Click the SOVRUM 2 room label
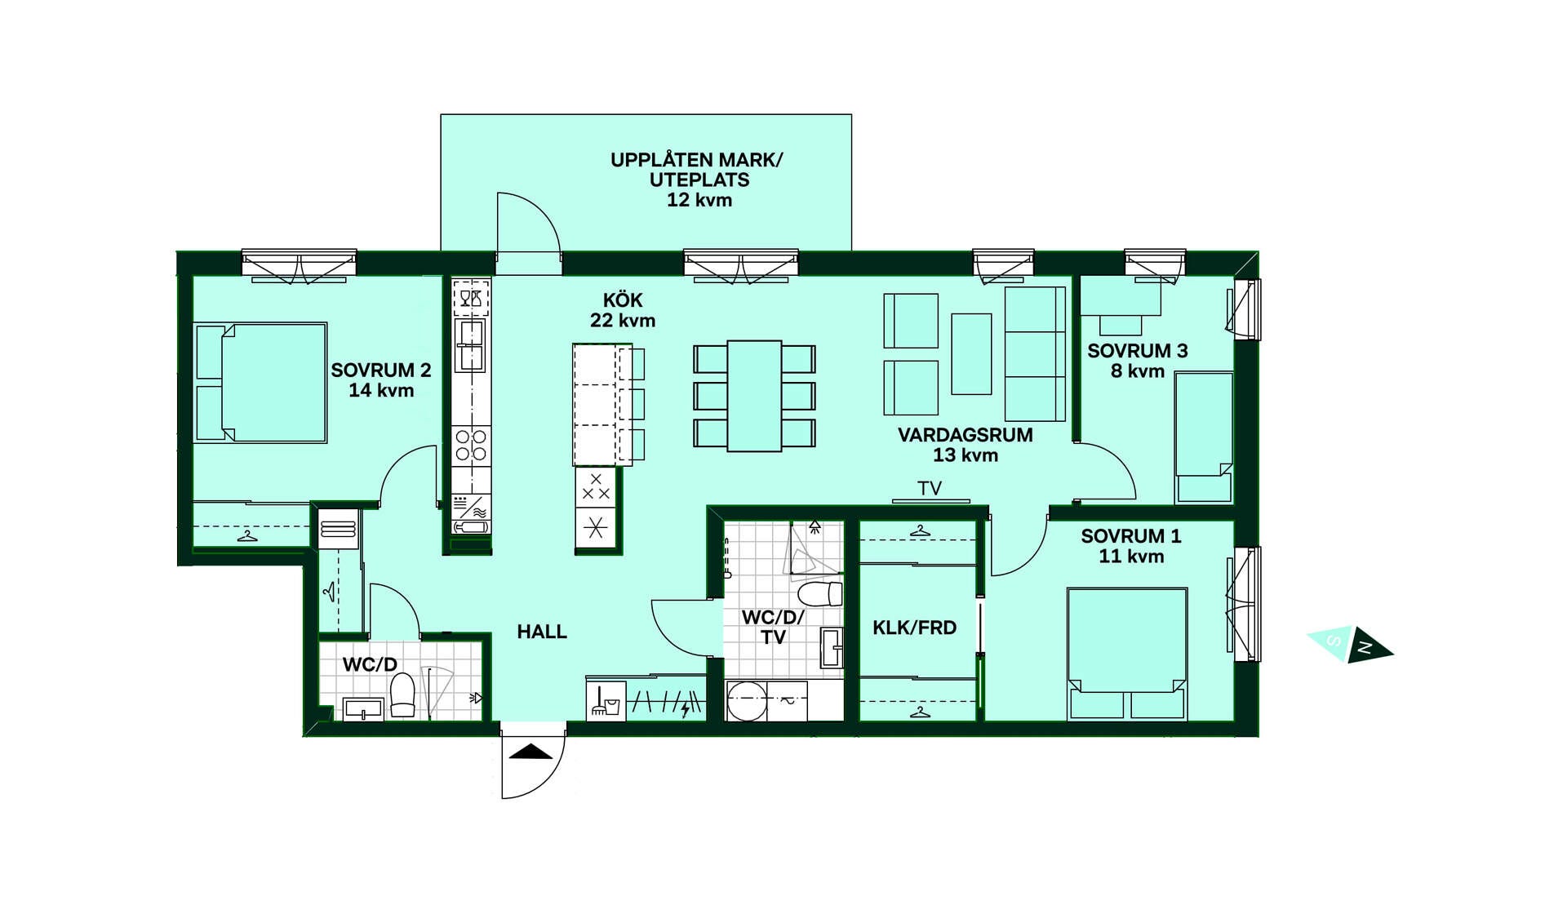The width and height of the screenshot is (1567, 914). pos(381,370)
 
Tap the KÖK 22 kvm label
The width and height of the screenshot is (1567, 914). pos(623,310)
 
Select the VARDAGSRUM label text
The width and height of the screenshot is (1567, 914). pos(966,435)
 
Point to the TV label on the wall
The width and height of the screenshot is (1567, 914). pos(930,488)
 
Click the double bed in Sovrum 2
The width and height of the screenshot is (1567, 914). pos(260,383)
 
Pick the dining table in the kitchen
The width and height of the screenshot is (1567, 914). pos(754,396)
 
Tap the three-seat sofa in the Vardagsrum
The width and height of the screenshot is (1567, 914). pos(1035,353)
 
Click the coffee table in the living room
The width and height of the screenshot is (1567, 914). pos(971,353)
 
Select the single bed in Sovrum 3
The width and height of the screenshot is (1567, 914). pos(1204,437)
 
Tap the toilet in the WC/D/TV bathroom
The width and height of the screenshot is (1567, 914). pos(819,593)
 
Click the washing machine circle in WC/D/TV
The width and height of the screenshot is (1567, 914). pos(747,701)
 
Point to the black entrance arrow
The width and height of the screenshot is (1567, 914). pos(531,752)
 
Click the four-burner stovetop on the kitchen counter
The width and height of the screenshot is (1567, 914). pos(471,446)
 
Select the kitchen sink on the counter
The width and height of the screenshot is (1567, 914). pos(471,345)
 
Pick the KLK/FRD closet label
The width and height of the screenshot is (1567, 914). pos(914,628)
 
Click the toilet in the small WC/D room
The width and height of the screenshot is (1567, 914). pos(402,696)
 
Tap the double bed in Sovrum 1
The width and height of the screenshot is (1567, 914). pos(1126,653)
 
